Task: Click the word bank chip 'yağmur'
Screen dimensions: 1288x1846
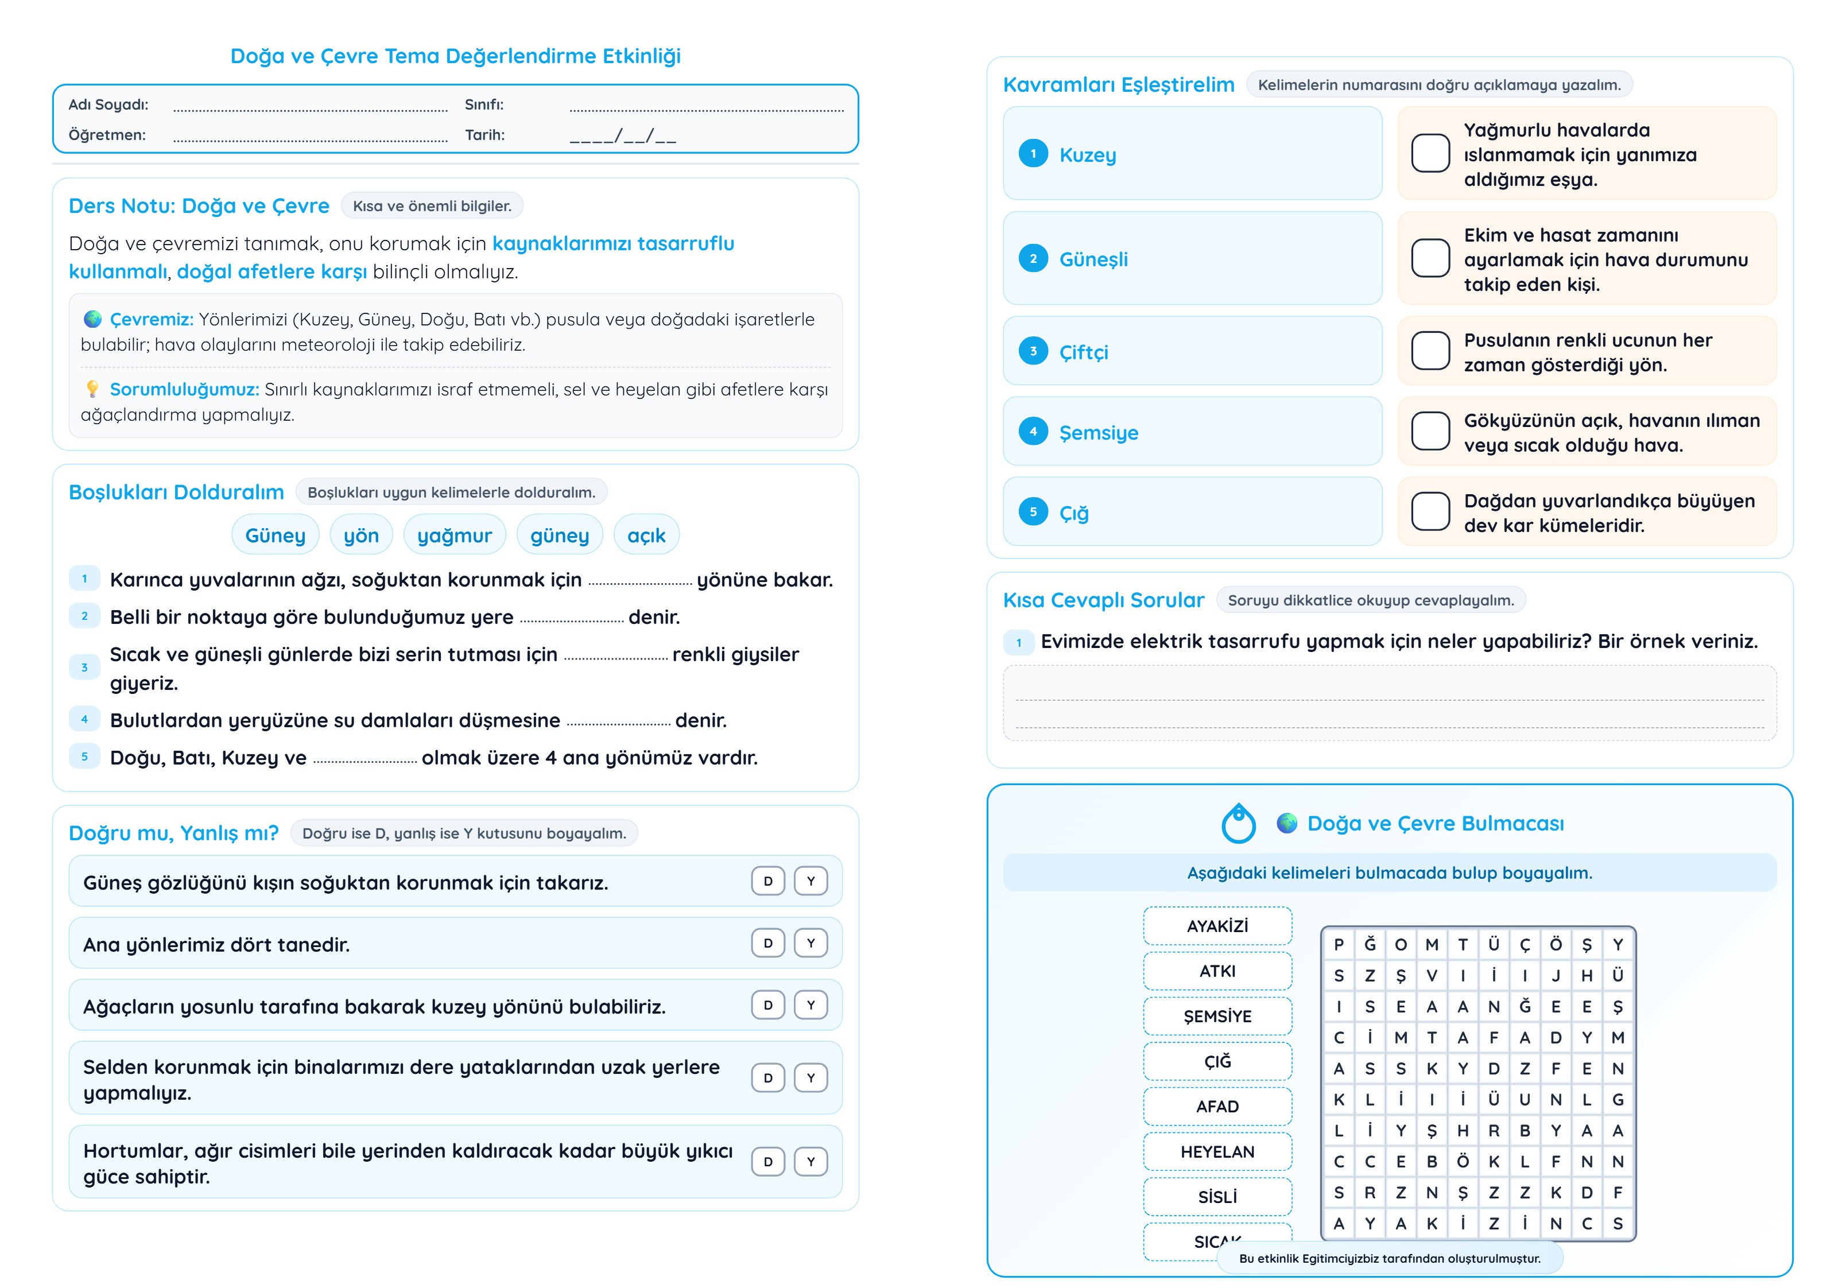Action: (454, 536)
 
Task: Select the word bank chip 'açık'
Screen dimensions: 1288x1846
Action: (646, 536)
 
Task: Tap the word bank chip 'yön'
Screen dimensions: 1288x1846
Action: (361, 536)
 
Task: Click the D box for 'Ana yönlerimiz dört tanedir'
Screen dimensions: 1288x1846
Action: (768, 943)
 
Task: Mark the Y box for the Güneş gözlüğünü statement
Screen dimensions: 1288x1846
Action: (810, 881)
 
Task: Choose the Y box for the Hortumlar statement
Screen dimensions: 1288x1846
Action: (810, 1162)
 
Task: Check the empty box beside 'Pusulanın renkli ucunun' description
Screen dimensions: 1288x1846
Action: (1430, 351)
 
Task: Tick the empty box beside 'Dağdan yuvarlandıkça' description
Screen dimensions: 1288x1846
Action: (1430, 512)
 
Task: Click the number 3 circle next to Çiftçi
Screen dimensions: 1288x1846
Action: (1033, 351)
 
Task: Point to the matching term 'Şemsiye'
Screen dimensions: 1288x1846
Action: (1098, 433)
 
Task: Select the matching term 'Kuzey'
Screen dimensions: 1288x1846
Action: (1087, 155)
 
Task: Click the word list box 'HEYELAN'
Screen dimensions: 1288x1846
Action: (1217, 1151)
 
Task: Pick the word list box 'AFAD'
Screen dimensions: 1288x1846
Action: (1217, 1106)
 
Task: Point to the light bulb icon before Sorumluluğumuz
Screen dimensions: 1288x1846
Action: (92, 389)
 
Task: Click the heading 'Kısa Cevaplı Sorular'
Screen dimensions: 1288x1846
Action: (1103, 600)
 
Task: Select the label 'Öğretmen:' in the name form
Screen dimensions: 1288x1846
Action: (107, 135)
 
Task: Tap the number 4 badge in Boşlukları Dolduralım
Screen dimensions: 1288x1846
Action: (84, 720)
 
